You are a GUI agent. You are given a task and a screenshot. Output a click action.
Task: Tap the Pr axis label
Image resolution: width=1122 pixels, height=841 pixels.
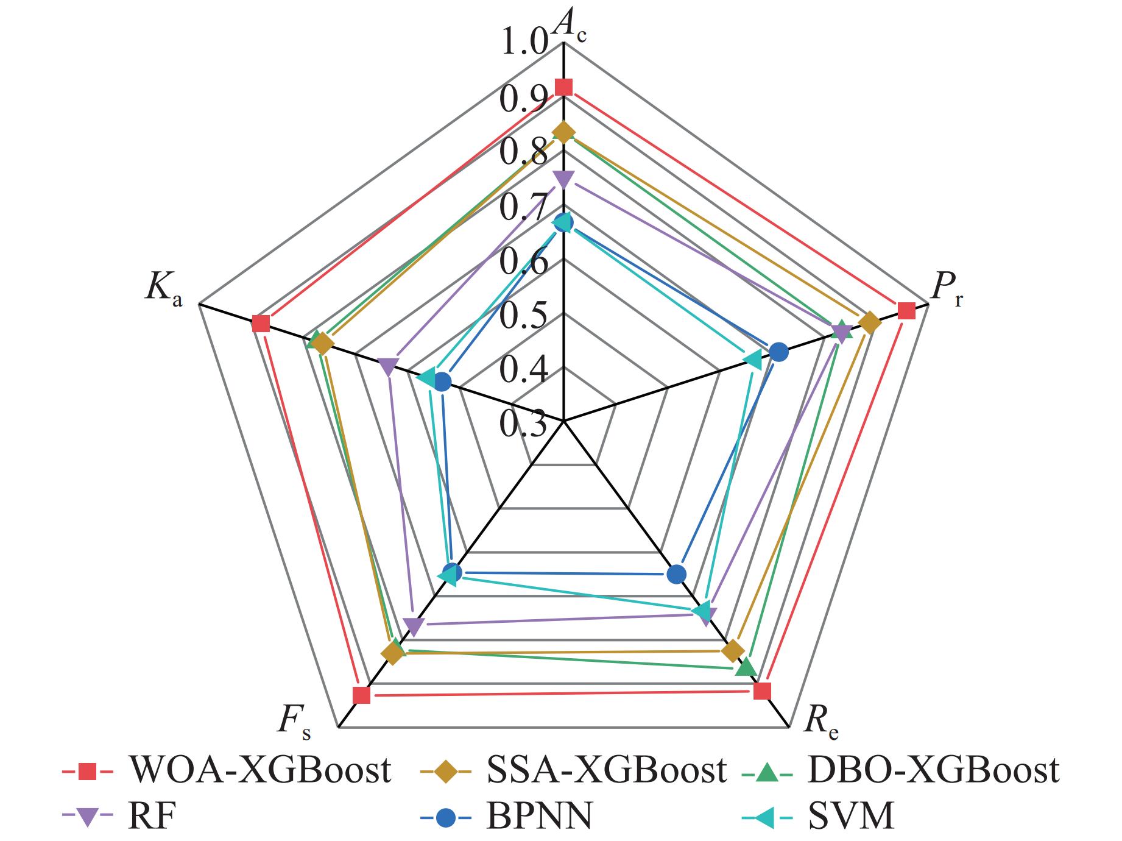click(x=947, y=291)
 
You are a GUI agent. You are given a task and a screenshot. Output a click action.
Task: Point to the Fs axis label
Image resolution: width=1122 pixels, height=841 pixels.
click(x=295, y=723)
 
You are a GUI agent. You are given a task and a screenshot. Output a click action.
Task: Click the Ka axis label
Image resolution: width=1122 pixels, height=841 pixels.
click(x=163, y=289)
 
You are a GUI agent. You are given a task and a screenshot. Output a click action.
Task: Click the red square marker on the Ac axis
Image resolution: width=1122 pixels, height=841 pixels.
click(x=564, y=87)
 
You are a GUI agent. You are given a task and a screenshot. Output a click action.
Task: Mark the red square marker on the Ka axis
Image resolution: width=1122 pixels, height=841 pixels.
click(x=261, y=324)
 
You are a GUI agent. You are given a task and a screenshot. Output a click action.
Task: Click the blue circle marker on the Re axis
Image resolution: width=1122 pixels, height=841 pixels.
click(x=676, y=573)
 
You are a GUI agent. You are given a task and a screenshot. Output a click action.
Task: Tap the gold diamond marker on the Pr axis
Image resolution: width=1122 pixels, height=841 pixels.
click(x=869, y=323)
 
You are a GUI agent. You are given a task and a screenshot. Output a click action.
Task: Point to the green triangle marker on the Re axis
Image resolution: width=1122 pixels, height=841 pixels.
click(x=746, y=667)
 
